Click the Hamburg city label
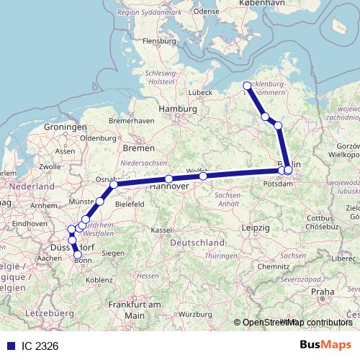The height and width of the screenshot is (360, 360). [178, 109]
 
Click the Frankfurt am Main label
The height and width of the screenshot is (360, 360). [133, 310]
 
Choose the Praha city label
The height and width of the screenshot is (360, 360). [324, 292]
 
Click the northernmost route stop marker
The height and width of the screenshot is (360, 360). [248, 86]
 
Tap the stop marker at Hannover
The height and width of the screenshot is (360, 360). [168, 179]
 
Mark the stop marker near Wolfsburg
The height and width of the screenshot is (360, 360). [203, 176]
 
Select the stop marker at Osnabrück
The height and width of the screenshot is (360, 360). [114, 184]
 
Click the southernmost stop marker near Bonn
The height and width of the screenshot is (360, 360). [78, 254]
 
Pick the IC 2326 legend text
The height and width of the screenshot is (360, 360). [40, 346]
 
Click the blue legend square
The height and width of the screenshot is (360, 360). [11, 346]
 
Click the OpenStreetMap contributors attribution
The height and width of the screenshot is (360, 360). [297, 323]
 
